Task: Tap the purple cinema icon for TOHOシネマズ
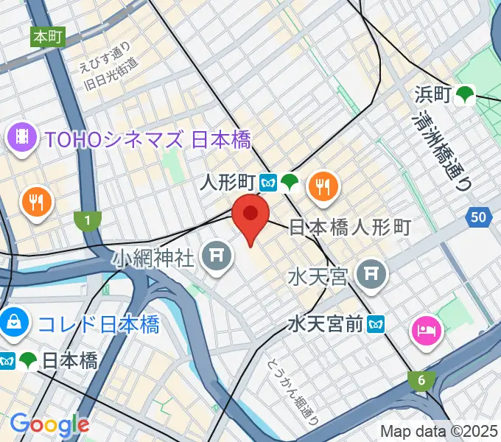click(22, 136)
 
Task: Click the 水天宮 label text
click(318, 278)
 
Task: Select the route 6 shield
click(421, 380)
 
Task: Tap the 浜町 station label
click(432, 94)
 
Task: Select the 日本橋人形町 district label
click(348, 227)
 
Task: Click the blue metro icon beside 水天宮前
click(377, 323)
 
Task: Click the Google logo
click(49, 424)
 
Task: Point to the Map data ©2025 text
click(439, 430)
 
